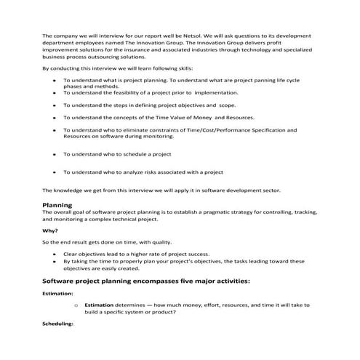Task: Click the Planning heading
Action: point(57,205)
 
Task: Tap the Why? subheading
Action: point(51,231)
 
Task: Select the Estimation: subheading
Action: point(58,294)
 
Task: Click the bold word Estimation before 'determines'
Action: point(101,305)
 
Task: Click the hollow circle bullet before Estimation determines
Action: point(76,305)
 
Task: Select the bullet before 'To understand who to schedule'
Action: point(56,154)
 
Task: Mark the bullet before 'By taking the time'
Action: point(56,260)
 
